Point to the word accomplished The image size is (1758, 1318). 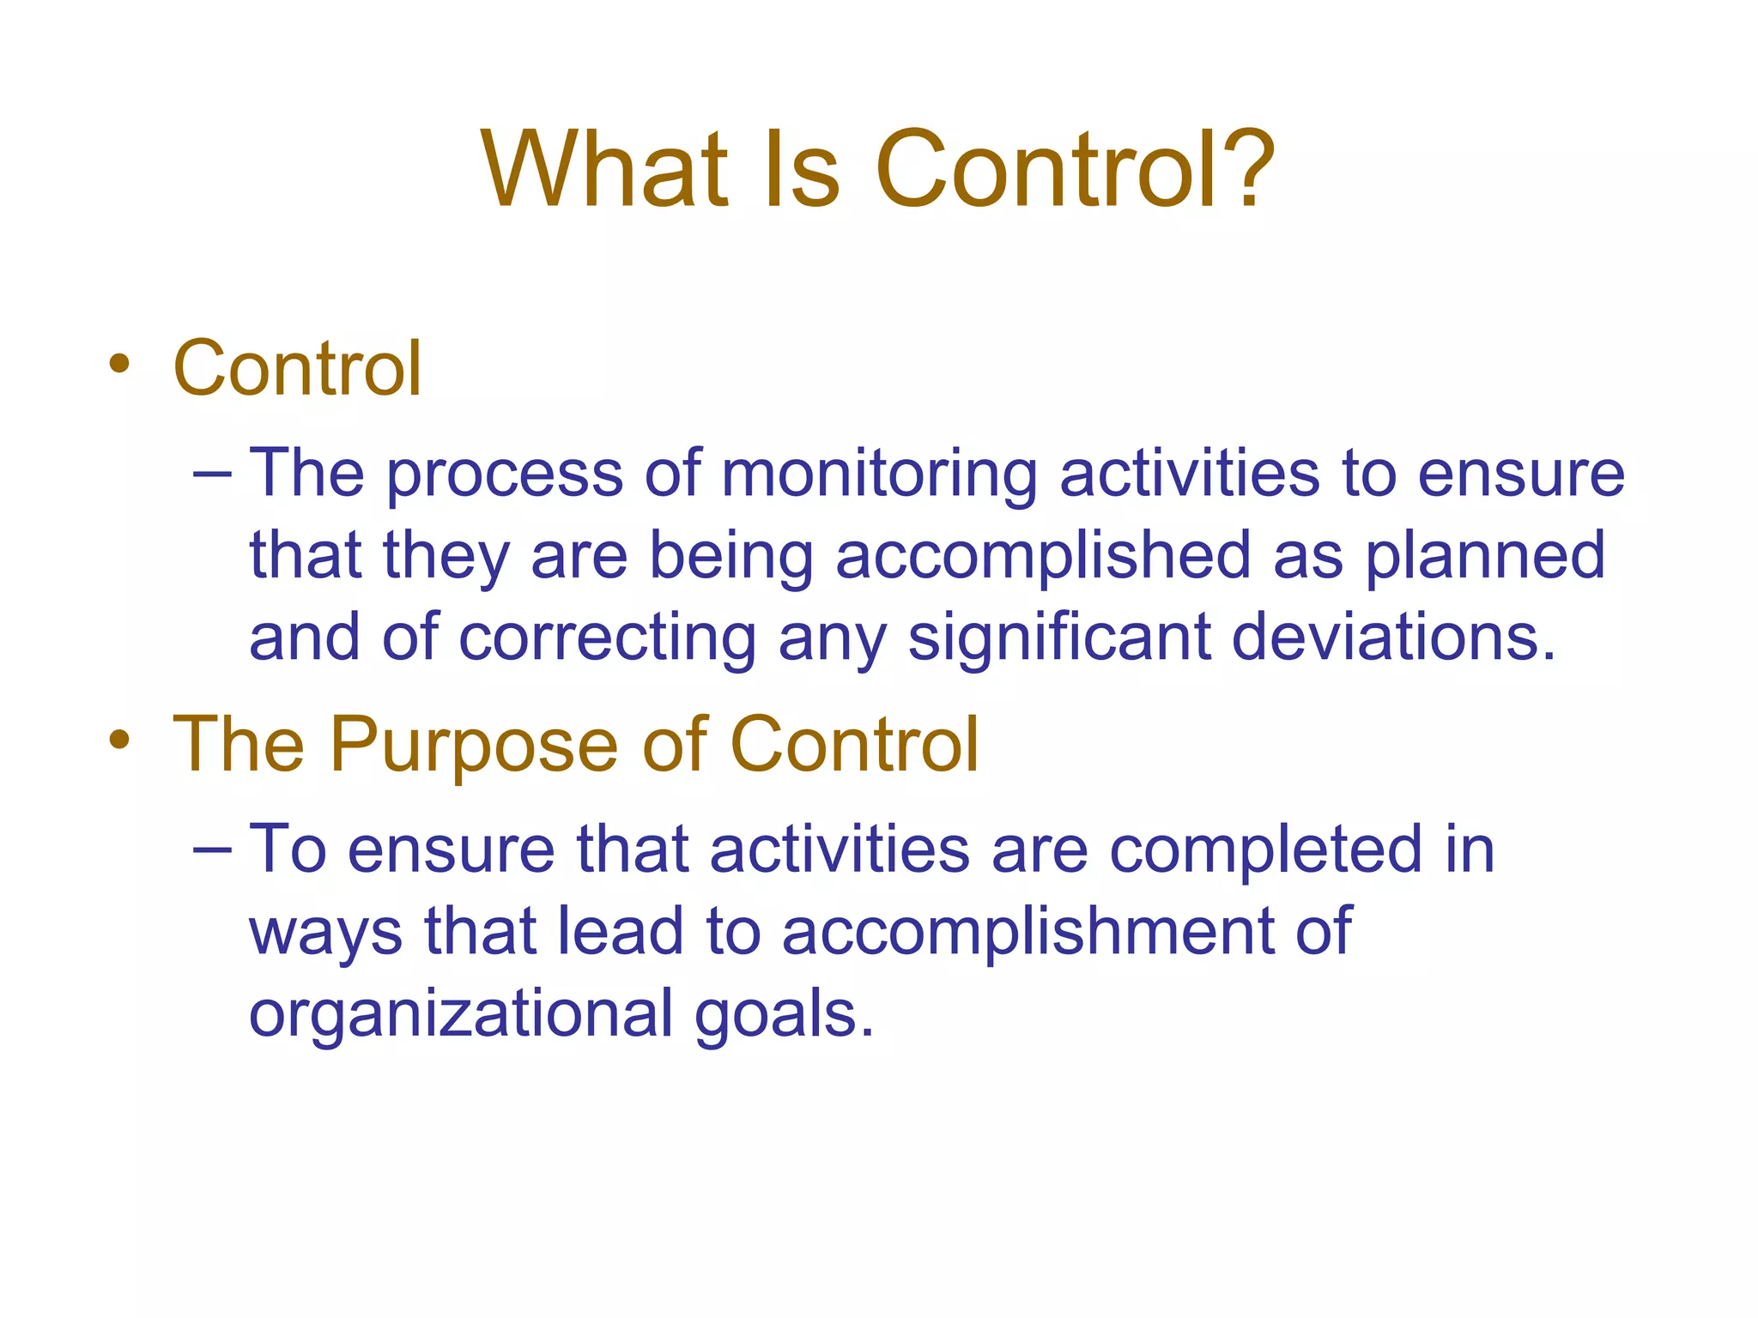[1043, 556]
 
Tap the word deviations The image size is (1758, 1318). [1393, 638]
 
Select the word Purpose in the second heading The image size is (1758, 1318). [473, 746]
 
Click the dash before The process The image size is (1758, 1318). [212, 475]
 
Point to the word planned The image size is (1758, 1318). [1484, 556]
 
